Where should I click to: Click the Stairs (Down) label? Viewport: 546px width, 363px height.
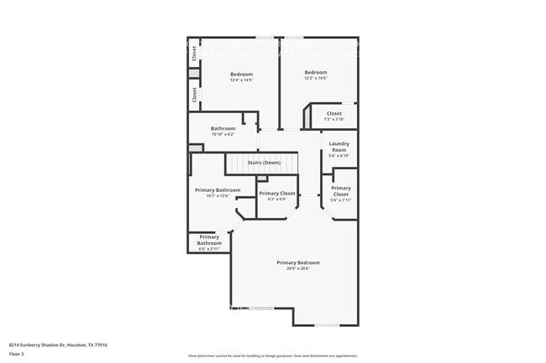pyautogui.click(x=264, y=163)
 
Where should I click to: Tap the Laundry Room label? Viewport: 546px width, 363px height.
pyautogui.click(x=339, y=146)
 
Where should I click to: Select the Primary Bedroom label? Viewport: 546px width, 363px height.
pyautogui.click(x=297, y=262)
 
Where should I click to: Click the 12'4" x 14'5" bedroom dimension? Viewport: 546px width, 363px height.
pyautogui.click(x=242, y=80)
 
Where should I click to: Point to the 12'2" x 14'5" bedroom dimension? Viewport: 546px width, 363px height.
pyautogui.click(x=315, y=78)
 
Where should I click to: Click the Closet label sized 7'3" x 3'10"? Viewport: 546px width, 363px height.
pyautogui.click(x=333, y=113)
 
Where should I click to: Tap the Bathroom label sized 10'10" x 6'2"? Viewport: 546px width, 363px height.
pyautogui.click(x=223, y=128)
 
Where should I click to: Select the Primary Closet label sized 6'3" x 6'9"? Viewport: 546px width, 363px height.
pyautogui.click(x=276, y=194)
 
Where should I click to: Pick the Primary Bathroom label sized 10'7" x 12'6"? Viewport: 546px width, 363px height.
pyautogui.click(x=218, y=190)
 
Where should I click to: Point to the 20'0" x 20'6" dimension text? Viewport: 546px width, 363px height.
pyautogui.click(x=297, y=268)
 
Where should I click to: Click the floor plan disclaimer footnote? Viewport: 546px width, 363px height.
pyautogui.click(x=272, y=355)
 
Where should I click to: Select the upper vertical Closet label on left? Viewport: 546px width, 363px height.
pyautogui.click(x=194, y=53)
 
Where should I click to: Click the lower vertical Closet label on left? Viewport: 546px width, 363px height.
pyautogui.click(x=194, y=95)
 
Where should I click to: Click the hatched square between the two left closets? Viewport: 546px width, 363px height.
pyautogui.click(x=194, y=74)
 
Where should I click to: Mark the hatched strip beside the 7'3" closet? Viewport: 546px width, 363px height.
pyautogui.click(x=308, y=117)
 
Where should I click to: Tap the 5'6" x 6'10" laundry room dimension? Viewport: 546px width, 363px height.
pyautogui.click(x=339, y=156)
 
